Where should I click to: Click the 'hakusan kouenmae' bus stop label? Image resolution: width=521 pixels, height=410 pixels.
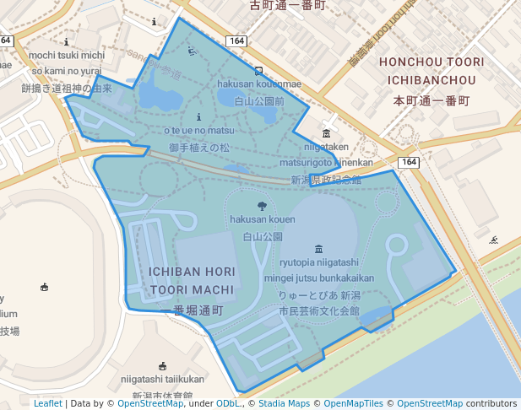259,84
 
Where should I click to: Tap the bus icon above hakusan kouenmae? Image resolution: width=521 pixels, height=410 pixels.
259,71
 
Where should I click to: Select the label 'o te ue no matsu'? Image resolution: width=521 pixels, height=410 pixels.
198,131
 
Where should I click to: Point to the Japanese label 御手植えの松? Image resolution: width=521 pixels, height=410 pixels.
198,147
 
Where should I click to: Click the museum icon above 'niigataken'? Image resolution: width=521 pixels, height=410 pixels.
327,133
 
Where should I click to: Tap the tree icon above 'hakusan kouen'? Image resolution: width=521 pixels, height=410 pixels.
262,205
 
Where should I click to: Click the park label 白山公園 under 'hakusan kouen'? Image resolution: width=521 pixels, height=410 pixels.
262,236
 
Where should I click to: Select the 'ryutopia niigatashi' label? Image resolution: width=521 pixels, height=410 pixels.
319,262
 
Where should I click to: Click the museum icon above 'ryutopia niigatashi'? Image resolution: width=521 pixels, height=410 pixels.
318,248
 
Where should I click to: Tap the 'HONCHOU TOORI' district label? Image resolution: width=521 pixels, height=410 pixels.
431,62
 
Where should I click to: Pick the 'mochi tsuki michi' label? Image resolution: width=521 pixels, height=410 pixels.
67,56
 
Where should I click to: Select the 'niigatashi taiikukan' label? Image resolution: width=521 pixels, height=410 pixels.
162,380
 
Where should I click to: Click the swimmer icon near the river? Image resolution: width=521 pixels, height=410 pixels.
493,240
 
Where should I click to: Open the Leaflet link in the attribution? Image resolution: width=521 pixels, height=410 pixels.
47,403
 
